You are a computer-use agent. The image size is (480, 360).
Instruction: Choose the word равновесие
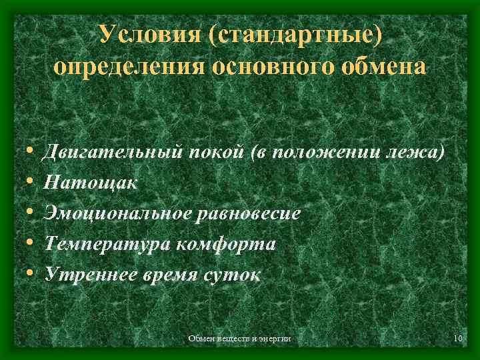249,213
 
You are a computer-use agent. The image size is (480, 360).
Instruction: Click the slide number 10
457,340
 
